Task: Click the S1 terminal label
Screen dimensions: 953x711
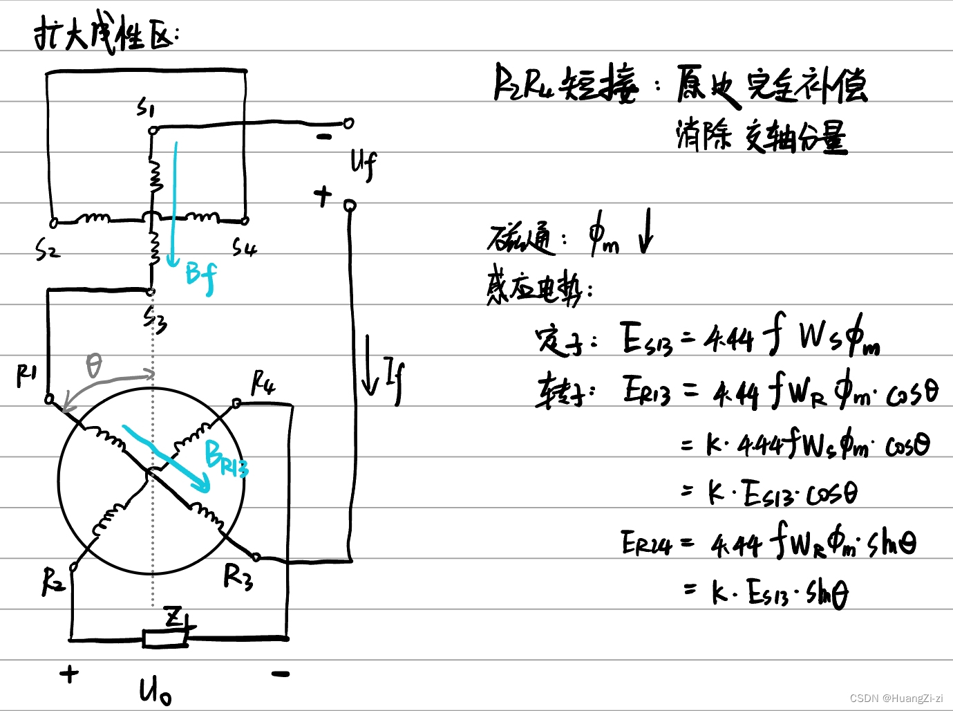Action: point(146,108)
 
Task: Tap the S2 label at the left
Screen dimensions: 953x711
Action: point(46,250)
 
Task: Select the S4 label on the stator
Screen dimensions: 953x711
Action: point(244,247)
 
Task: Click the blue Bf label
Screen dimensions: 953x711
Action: point(201,277)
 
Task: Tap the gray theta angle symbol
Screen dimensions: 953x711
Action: point(94,364)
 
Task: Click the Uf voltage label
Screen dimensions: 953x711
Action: point(364,165)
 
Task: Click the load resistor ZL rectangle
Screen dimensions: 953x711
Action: point(164,638)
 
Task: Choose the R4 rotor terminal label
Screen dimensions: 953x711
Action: point(263,382)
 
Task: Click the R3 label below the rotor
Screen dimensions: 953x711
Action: point(238,576)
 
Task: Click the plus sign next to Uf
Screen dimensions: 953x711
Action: point(323,196)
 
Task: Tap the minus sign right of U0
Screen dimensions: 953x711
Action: point(280,673)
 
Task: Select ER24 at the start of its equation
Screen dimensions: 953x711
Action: point(645,544)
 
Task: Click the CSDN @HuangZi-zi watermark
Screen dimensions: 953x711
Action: point(896,698)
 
